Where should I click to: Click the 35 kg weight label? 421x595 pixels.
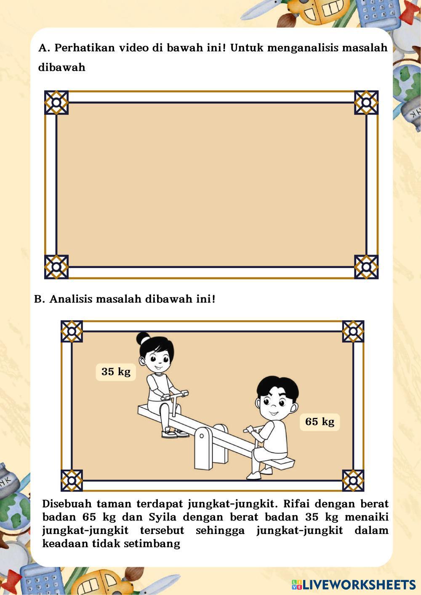(x=116, y=372)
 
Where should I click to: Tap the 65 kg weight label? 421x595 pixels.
(x=320, y=422)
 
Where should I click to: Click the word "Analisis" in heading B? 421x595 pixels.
(x=71, y=299)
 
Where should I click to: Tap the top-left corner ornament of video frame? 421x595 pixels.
(x=56, y=103)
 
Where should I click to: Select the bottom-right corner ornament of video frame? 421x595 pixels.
(x=366, y=267)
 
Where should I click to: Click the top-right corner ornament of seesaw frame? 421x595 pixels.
(x=353, y=331)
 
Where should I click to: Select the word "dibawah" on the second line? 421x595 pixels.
(x=61, y=67)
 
